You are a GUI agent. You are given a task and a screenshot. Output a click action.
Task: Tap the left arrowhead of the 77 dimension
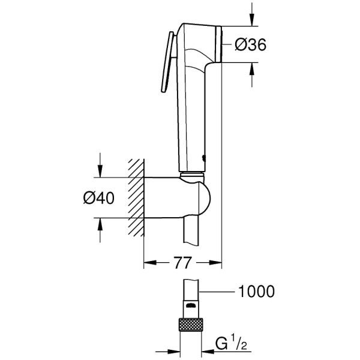pyautogui.click(x=148, y=262)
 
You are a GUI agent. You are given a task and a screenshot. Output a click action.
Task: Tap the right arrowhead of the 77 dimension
pyautogui.click(x=217, y=262)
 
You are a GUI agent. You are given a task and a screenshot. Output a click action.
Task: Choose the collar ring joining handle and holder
pyautogui.click(x=191, y=175)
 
